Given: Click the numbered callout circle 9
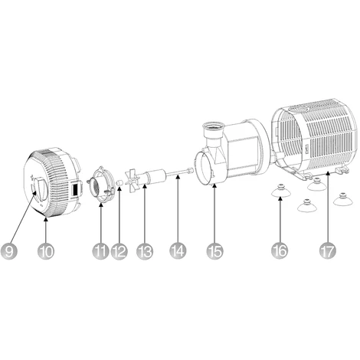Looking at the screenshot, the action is pyautogui.click(x=9, y=251).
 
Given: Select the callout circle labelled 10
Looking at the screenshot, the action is pyautogui.click(x=46, y=251).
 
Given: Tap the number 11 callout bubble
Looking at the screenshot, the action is pyautogui.click(x=100, y=251).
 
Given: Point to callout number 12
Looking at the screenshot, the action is pyautogui.click(x=119, y=251).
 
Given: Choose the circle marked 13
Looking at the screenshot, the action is pyautogui.click(x=145, y=251).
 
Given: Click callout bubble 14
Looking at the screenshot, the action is pyautogui.click(x=178, y=251).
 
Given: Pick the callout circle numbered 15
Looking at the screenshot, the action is pyautogui.click(x=214, y=251).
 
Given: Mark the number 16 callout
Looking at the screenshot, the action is pyautogui.click(x=280, y=251).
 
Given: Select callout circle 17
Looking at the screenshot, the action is pyautogui.click(x=328, y=251).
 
